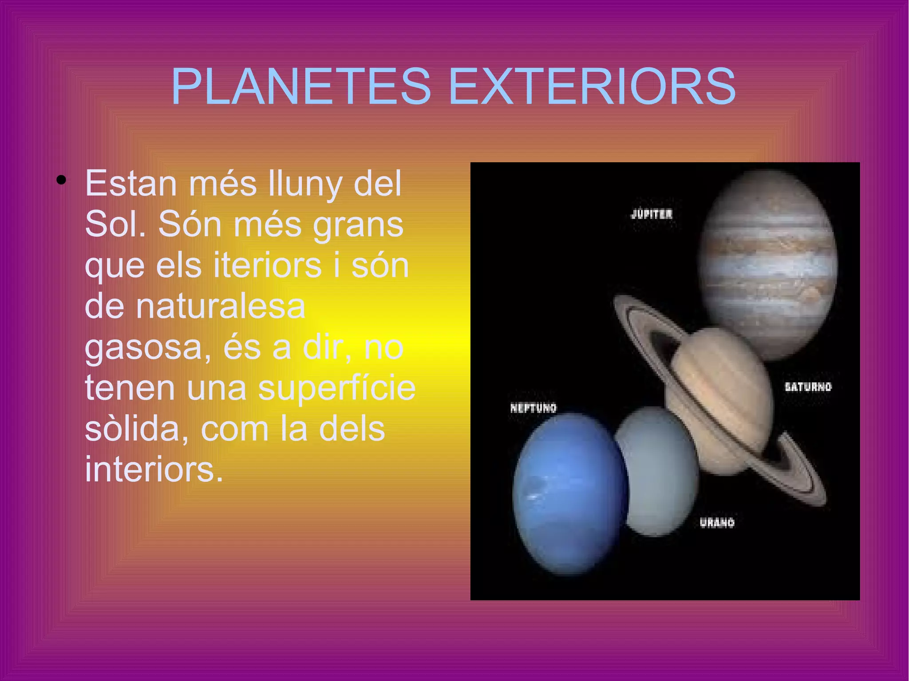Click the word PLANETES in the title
[x=301, y=87]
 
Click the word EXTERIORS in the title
[x=593, y=87]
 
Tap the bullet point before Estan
[x=61, y=180]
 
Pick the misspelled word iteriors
[x=267, y=265]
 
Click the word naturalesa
[x=220, y=306]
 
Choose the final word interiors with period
[x=154, y=469]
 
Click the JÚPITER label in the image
[x=651, y=214]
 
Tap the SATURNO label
[x=808, y=387]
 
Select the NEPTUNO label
[x=533, y=408]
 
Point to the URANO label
[x=717, y=523]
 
